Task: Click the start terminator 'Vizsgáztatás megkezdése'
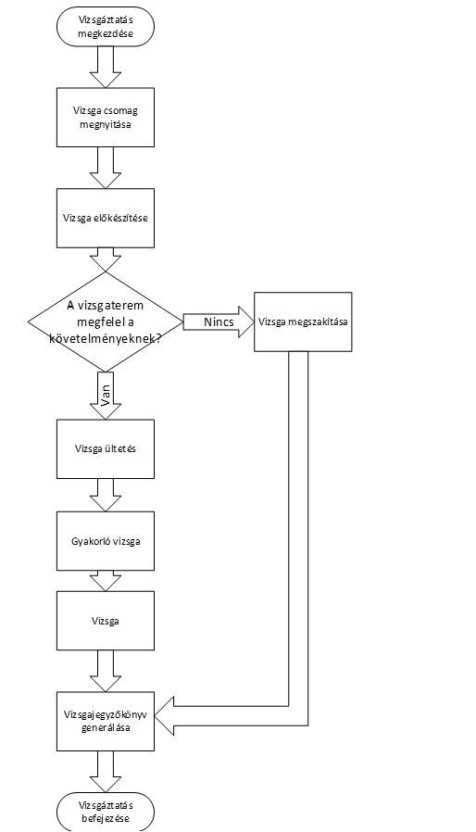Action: coord(105,25)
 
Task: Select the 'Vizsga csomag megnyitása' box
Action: coord(105,118)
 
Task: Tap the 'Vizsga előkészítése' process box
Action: coord(105,218)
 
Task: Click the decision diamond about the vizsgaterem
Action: coord(105,321)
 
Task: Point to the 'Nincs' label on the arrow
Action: coord(219,322)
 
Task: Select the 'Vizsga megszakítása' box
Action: coord(303,321)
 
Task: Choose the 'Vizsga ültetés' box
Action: coord(105,449)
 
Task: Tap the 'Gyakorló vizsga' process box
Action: coord(105,541)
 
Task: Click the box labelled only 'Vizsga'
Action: coord(105,621)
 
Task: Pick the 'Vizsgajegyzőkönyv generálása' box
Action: coord(105,721)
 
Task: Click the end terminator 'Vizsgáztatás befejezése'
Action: coord(105,812)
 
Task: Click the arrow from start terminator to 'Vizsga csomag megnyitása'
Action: coord(105,66)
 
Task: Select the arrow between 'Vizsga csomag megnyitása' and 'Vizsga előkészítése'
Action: coord(105,168)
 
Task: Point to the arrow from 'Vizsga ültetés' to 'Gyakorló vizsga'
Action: coord(105,495)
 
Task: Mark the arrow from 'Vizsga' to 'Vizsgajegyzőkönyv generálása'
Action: coord(105,671)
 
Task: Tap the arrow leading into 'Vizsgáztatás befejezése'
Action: coord(105,772)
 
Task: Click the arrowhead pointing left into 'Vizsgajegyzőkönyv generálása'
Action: coord(165,716)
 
